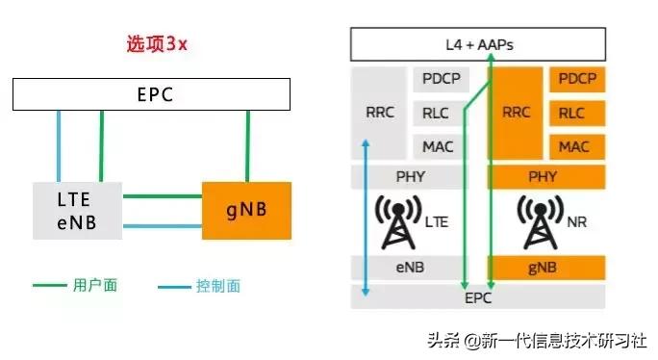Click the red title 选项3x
click(x=157, y=44)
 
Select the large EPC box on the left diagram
click(x=152, y=94)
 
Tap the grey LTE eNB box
click(x=78, y=212)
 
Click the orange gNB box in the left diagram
click(x=246, y=209)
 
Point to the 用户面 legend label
click(x=94, y=286)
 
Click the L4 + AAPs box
click(x=477, y=44)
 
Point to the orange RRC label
click(x=517, y=113)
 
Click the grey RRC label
click(x=380, y=113)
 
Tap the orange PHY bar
click(x=545, y=177)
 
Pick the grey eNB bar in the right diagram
click(x=412, y=267)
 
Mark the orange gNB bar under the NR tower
click(x=545, y=267)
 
